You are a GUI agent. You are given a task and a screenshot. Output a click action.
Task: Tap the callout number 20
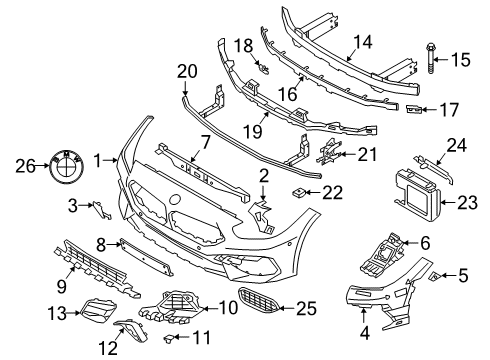(187, 71)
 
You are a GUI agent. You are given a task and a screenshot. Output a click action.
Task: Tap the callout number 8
(101, 244)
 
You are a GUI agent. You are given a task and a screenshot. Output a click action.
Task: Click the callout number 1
(98, 160)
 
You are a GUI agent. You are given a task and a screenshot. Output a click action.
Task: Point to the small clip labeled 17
(413, 109)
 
